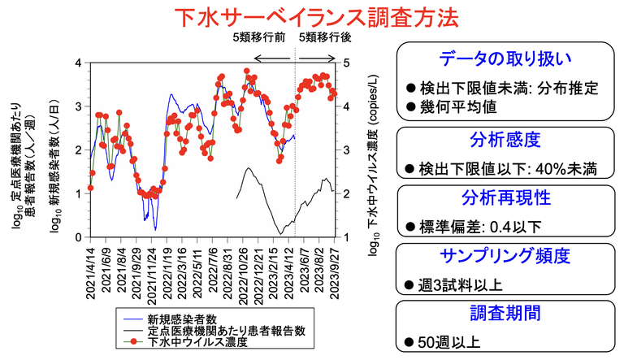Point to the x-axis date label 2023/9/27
[x=334, y=272]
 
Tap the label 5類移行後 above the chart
[x=321, y=37]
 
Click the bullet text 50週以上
[x=444, y=342]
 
